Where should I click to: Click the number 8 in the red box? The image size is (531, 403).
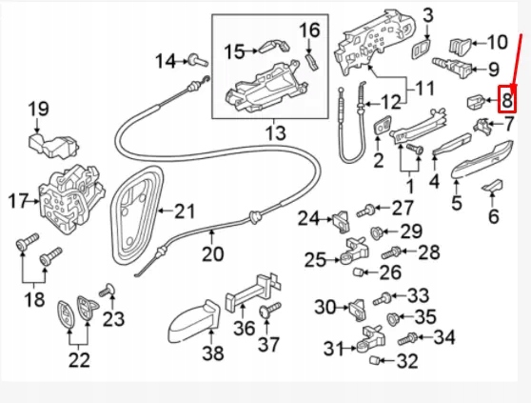tap(507, 98)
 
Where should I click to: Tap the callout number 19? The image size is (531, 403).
tap(37, 109)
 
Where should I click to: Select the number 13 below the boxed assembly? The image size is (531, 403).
tap(274, 132)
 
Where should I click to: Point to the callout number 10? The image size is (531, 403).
tap(498, 42)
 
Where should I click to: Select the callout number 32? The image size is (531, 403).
tap(406, 360)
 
